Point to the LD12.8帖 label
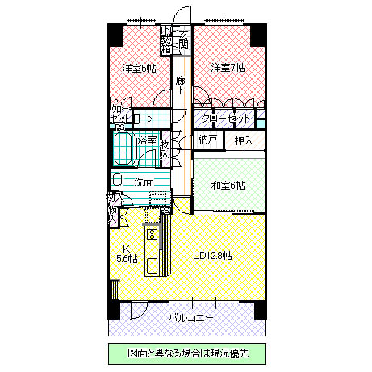pos(214,255)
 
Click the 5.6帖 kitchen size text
pos(127,259)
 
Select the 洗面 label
pos(144,182)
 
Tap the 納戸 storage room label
pos(207,140)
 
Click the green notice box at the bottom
pos(186,353)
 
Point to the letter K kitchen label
pos(126,248)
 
